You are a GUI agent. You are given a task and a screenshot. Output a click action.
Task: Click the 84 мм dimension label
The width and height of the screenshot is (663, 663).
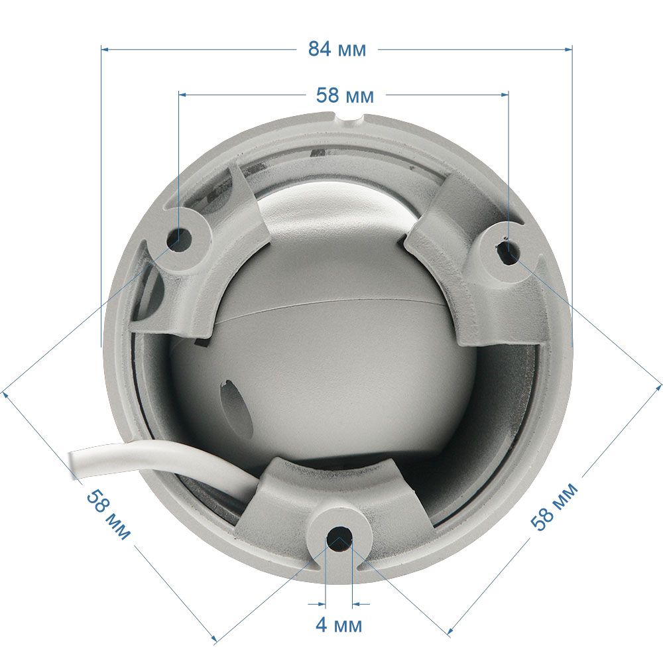click(337, 49)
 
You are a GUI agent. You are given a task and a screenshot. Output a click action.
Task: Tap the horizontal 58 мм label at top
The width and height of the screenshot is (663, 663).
click(345, 95)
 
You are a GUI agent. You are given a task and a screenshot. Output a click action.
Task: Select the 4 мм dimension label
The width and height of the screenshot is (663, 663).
click(339, 625)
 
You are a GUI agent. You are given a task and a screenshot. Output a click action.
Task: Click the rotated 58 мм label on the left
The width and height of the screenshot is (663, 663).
click(108, 514)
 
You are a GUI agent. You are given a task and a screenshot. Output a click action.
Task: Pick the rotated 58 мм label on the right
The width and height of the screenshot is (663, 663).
click(554, 507)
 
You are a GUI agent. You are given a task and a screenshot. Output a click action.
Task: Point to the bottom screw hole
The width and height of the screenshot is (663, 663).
click(339, 538)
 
